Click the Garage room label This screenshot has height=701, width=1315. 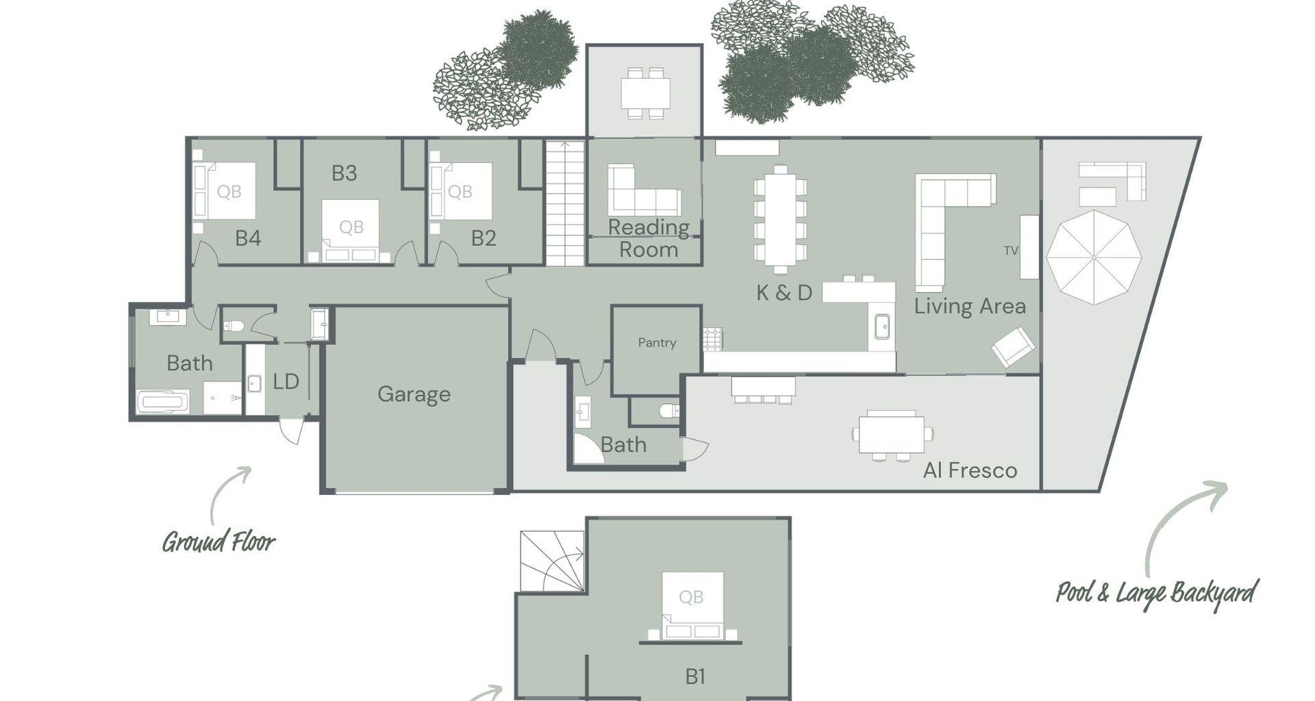(414, 394)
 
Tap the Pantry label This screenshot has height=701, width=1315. (657, 342)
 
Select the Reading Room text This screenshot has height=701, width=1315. (649, 238)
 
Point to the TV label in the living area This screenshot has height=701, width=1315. (1011, 251)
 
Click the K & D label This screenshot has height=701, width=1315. (784, 293)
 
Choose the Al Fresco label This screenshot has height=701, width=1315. (970, 470)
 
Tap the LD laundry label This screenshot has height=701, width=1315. (286, 381)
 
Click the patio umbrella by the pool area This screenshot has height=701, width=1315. (1094, 257)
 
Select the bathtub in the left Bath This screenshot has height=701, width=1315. (163, 401)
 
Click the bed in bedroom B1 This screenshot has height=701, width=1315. (692, 605)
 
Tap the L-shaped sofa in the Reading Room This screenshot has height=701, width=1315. (643, 191)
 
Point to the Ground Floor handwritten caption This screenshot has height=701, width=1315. (218, 541)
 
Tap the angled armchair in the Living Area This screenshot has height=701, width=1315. (1014, 346)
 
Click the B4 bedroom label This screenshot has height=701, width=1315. (248, 238)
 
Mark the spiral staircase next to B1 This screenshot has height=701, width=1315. (552, 561)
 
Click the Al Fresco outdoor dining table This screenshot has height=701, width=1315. (892, 434)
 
